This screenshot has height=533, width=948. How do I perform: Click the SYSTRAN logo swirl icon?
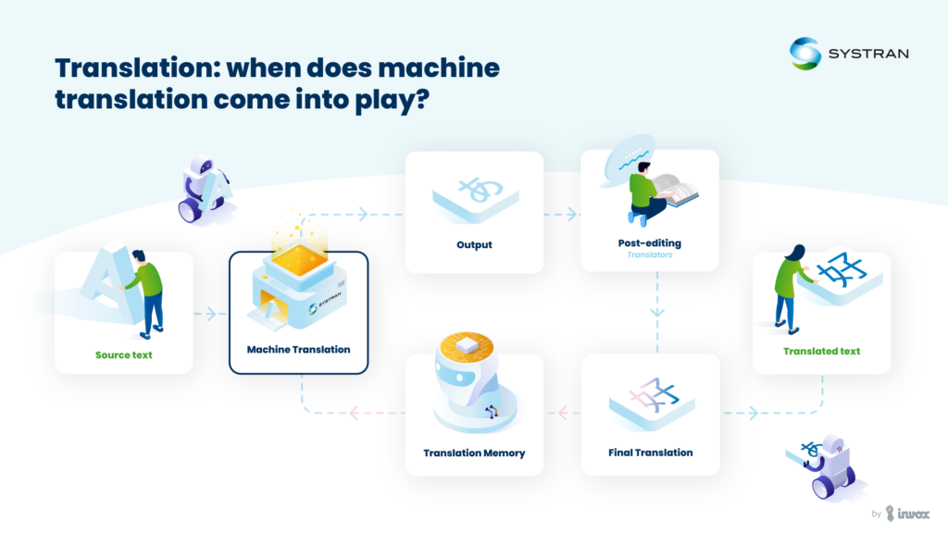[805, 53]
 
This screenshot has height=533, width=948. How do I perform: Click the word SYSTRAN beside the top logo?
[868, 54]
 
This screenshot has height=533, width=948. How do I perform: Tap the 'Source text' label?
[123, 354]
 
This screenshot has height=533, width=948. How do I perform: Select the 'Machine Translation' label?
[298, 349]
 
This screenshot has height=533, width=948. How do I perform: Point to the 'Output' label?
[474, 244]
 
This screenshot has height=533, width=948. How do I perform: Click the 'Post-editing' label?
[649, 243]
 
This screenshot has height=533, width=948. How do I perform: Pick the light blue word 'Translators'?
[649, 255]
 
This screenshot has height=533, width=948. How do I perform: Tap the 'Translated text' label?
[821, 351]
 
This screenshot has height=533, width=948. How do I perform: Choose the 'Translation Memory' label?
[474, 452]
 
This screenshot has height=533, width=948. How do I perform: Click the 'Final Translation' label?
[651, 452]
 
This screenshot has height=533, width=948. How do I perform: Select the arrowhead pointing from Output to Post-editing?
[571, 214]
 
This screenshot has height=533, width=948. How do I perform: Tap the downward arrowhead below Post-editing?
[657, 313]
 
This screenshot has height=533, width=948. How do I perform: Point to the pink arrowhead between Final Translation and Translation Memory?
[562, 414]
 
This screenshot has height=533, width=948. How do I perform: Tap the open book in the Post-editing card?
[675, 190]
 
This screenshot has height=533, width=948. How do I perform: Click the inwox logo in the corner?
[907, 514]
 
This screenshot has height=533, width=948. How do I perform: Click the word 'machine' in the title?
[439, 68]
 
